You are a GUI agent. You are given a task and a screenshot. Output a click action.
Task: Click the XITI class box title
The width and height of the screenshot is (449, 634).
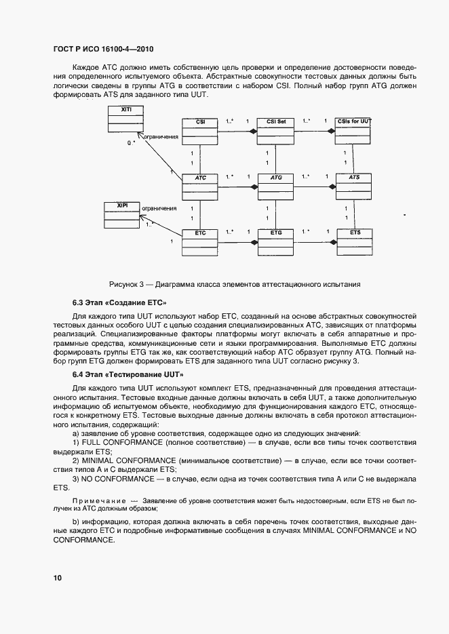126,109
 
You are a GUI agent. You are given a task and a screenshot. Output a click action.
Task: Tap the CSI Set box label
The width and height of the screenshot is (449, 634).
276,121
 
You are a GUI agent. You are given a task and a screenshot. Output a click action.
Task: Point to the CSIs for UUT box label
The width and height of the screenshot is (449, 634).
354,121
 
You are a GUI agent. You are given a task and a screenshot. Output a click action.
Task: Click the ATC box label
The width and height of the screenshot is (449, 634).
201,177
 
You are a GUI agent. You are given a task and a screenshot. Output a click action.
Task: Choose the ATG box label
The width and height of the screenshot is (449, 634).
276,177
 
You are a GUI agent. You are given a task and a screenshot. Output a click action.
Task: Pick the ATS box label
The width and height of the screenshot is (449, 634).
354,177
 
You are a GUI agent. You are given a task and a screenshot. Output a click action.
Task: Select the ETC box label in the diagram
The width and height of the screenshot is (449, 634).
200,233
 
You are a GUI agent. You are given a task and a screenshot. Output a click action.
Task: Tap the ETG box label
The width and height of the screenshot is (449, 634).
276,233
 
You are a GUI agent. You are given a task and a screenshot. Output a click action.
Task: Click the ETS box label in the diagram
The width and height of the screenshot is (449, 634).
355,233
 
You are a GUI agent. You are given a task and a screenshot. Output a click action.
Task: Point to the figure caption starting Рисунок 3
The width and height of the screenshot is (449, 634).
234,284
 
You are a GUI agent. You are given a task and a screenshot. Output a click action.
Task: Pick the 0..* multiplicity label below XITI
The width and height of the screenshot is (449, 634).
131,144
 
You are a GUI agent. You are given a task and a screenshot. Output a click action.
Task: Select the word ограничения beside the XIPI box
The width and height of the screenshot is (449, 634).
160,209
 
